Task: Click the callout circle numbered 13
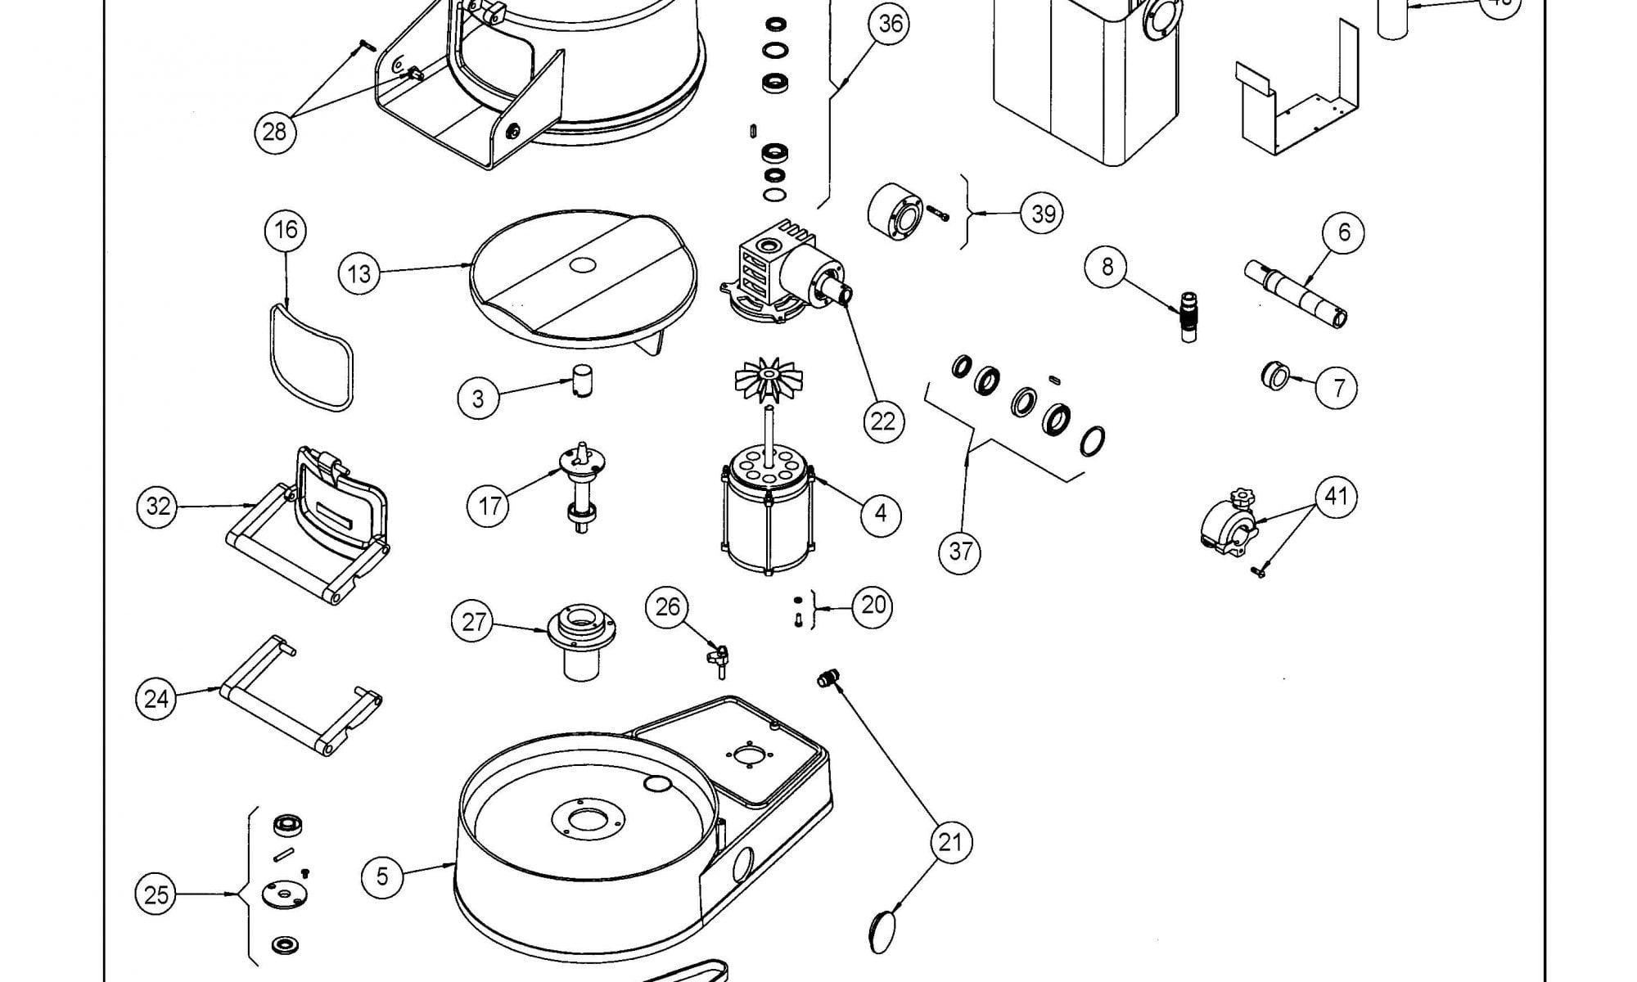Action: tap(359, 273)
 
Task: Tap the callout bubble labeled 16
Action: tap(286, 230)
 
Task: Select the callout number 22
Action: tap(883, 421)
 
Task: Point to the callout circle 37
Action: tap(960, 552)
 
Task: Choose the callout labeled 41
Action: tap(1336, 496)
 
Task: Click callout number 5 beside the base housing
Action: tap(382, 876)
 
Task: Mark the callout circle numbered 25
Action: tap(156, 894)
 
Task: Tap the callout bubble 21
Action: tap(950, 841)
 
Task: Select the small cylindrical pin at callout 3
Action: tap(581, 381)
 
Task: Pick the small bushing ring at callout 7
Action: tap(1274, 377)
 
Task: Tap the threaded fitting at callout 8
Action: tap(1187, 313)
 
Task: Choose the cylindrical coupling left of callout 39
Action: tap(895, 213)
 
